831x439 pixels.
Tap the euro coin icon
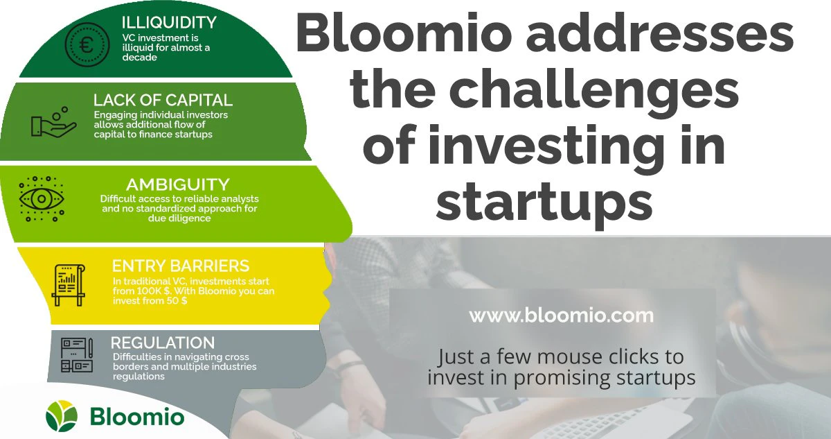click(87, 45)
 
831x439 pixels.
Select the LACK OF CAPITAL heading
click(163, 100)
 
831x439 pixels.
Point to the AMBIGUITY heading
click(177, 184)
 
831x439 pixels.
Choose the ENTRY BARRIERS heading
click(180, 266)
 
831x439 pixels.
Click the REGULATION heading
click(163, 343)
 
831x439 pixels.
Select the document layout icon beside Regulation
click(77, 356)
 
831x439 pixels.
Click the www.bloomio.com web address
click(561, 316)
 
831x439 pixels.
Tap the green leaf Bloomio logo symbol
click(62, 417)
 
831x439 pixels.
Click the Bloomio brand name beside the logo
click(137, 418)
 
